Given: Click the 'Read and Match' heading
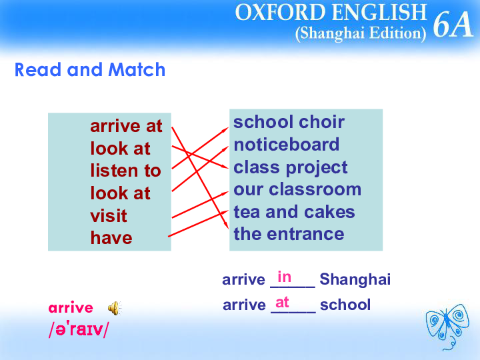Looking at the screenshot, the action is (x=90, y=69).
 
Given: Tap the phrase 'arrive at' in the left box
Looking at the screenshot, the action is (x=126, y=126).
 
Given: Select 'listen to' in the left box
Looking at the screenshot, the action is (x=125, y=171).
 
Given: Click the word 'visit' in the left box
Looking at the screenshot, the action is (x=109, y=215).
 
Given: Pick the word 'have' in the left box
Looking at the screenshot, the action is (x=111, y=238).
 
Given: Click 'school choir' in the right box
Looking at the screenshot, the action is (x=289, y=122).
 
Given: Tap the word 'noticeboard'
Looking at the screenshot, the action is (x=287, y=144).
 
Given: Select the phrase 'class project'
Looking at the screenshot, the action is (x=291, y=167).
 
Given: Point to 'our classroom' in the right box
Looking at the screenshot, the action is (x=297, y=189).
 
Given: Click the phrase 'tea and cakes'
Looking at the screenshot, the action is (x=294, y=212).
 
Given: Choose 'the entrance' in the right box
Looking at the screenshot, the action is (x=289, y=234).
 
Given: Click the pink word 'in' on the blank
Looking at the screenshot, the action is (x=285, y=277).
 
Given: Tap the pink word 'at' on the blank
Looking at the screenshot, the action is (x=282, y=303).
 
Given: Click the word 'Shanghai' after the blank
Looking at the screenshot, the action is (x=355, y=279).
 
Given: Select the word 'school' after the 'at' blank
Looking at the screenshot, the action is (x=345, y=305).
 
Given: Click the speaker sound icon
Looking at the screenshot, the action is (x=115, y=308).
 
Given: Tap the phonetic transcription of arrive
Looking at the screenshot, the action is (x=79, y=329).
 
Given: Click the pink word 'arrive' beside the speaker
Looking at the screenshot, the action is (x=71, y=307).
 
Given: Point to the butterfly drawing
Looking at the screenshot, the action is (x=447, y=326).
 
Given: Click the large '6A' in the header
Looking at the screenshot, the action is (x=453, y=25).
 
